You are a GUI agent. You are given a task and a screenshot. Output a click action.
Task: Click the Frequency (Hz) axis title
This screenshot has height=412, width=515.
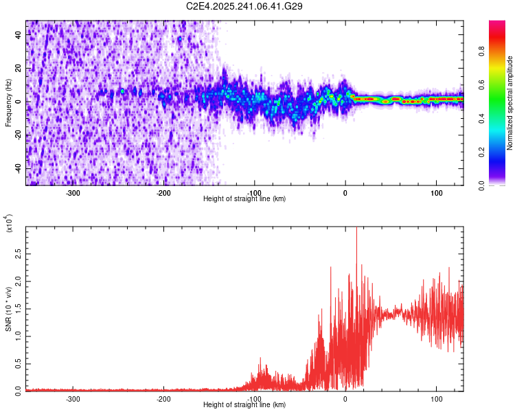coord(9,103)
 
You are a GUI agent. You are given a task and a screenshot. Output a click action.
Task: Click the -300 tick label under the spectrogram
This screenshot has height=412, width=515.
coord(73,193)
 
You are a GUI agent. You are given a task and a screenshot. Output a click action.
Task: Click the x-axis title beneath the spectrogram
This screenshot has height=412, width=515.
coord(244,199)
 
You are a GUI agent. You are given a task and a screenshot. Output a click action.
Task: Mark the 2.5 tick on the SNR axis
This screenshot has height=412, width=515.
coord(19,254)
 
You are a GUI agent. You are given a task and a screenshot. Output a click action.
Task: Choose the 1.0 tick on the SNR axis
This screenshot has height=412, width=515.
coord(19,336)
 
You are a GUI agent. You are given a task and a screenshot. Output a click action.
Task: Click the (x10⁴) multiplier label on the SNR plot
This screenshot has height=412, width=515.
coord(9,224)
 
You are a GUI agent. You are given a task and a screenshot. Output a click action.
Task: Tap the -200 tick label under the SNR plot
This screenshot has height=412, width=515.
coord(163,398)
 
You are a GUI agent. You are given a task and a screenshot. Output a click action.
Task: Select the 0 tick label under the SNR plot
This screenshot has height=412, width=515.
coord(345,398)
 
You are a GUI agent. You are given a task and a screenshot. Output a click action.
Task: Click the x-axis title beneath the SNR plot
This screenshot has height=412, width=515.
coord(244,405)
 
